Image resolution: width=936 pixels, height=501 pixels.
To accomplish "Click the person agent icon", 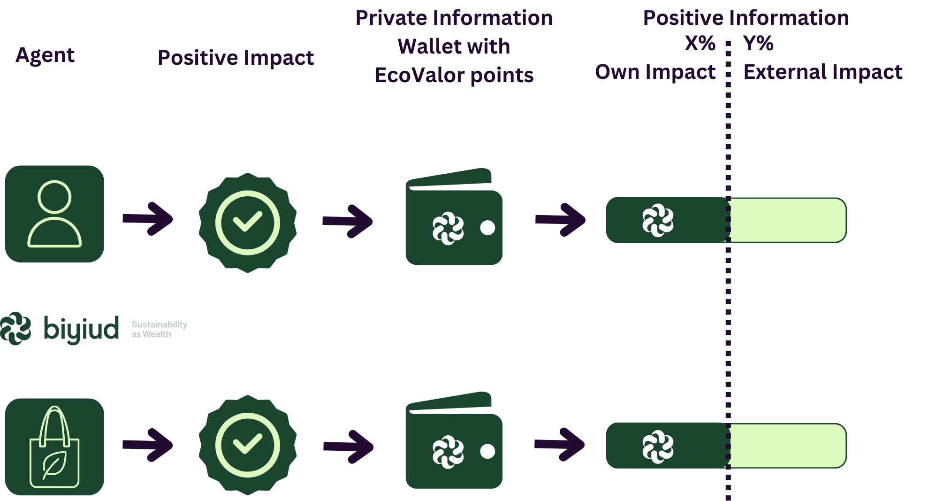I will tap(54, 214).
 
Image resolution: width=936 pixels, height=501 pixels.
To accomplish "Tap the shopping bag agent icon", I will tap(54, 447).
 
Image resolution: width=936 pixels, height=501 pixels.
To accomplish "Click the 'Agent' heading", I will tap(45, 55).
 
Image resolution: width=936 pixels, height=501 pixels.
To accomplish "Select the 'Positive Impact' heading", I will tap(236, 58).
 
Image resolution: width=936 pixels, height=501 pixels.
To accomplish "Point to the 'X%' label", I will tap(700, 44).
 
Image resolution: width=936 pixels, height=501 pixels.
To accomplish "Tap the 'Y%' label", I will tap(758, 44).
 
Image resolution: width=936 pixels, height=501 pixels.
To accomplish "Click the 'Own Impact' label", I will tap(655, 72).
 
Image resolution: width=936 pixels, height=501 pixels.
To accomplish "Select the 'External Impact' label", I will tap(823, 72).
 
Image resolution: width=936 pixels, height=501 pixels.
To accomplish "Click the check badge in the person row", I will tap(247, 223).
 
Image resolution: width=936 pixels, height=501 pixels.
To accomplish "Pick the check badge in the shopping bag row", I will tap(247, 445).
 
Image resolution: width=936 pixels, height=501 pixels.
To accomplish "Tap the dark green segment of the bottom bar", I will tap(666, 446).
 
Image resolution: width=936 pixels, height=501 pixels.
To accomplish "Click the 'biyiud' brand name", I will tap(81, 329).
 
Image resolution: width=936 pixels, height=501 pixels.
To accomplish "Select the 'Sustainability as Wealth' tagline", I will tap(159, 329).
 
